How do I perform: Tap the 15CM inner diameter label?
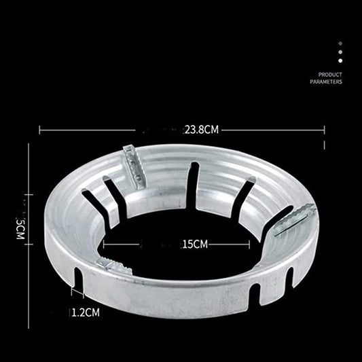pyautogui.click(x=195, y=243)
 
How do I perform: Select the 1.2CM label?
pyautogui.click(x=87, y=313)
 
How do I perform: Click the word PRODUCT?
pyautogui.click(x=331, y=74)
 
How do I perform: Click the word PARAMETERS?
pyautogui.click(x=326, y=82)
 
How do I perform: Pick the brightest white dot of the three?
pyautogui.click(x=340, y=60)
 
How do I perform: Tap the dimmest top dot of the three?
pyautogui.click(x=340, y=43)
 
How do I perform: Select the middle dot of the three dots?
pyautogui.click(x=340, y=52)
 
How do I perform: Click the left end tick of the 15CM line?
pyautogui.click(x=104, y=243)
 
